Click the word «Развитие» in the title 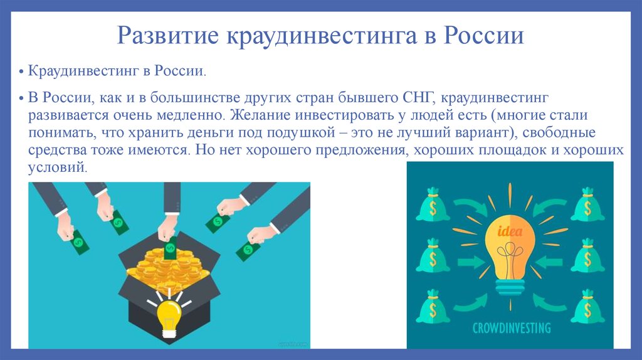coord(168,35)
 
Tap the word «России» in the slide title coord(484,35)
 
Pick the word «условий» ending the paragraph coord(58,167)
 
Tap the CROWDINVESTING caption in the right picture coord(512,327)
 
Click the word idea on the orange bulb coord(510,232)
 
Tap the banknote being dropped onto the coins coord(170,247)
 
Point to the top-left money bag coord(433,204)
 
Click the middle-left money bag coord(433,255)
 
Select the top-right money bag coord(587,204)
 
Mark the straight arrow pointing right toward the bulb coord(471,262)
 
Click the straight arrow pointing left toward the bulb coord(549,262)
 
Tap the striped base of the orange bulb coord(510,287)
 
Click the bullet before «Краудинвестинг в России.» coord(21,72)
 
